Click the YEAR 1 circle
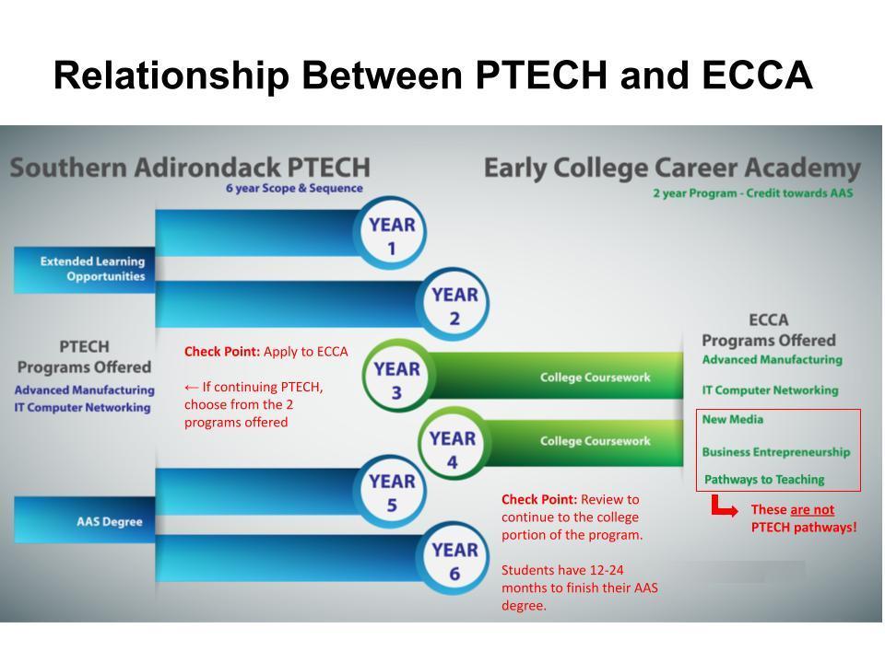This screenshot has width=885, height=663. pos(392,236)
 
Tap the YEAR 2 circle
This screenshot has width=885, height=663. pos(454,307)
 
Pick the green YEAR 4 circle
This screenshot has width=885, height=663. pos(452,449)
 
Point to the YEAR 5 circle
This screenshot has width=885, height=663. pos(392,492)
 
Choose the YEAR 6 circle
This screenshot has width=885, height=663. pos(454,561)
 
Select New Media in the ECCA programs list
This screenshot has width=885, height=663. pos(733,420)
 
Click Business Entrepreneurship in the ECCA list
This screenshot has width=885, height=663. pos(775,452)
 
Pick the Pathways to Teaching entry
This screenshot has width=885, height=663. pos(764,480)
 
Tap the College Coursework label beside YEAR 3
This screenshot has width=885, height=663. pos(595,378)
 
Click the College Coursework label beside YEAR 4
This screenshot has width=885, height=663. pos(595,441)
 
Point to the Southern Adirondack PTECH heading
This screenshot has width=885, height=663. pos(190,169)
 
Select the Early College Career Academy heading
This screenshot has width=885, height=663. pos(672,169)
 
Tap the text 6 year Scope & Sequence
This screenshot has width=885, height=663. pos(294,189)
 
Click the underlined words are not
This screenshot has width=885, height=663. pos(812,509)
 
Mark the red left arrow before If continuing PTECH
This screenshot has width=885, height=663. pos(192,388)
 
